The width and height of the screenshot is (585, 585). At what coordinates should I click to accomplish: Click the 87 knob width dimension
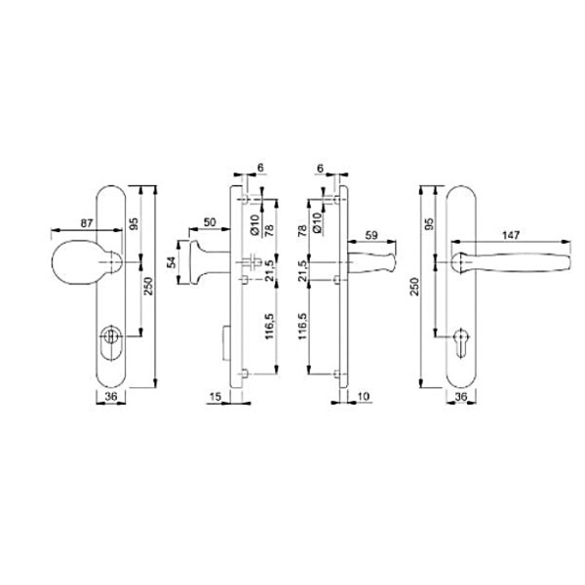87,223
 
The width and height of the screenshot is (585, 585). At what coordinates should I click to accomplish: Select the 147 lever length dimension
511,235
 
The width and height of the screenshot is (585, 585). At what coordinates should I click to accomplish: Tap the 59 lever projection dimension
371,235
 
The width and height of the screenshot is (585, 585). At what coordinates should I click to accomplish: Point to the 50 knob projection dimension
210,222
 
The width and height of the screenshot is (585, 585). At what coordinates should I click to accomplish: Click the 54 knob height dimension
172,262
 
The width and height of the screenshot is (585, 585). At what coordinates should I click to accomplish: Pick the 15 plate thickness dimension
215,397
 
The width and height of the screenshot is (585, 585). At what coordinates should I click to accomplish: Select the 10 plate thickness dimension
363,396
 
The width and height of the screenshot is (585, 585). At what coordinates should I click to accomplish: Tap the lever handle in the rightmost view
510,262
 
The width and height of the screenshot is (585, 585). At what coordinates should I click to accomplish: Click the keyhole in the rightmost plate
462,342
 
